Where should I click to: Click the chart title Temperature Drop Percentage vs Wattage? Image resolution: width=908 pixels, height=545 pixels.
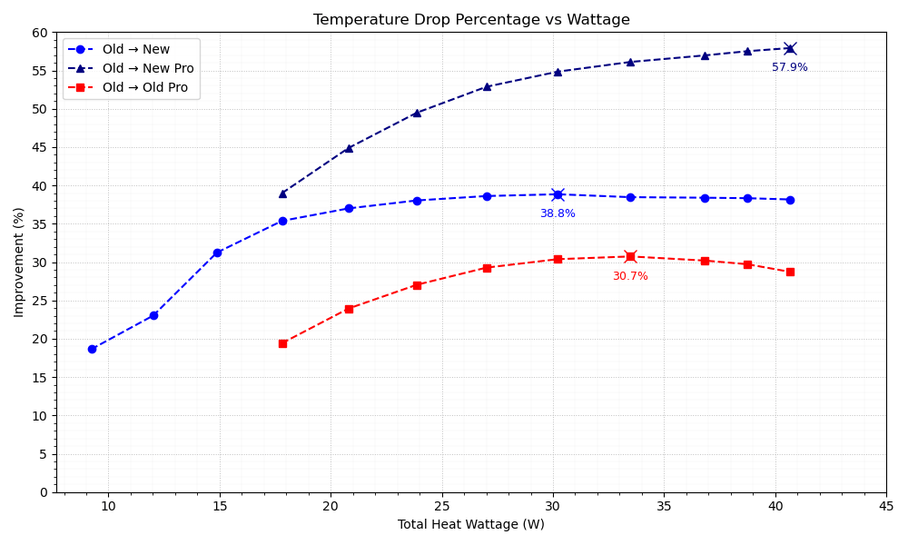(x=471, y=20)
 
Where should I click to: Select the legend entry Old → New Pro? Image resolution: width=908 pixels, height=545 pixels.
(x=148, y=69)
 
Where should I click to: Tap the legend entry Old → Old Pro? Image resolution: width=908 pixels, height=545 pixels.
(x=145, y=88)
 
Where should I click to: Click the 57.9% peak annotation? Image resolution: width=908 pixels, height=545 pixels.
(x=789, y=67)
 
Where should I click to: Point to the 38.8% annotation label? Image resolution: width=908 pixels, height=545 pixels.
(x=558, y=213)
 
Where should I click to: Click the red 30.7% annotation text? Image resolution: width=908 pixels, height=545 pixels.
(x=630, y=276)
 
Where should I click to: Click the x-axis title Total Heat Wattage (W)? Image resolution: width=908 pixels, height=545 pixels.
(x=471, y=524)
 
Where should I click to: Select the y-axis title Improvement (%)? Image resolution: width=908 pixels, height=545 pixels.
(x=19, y=262)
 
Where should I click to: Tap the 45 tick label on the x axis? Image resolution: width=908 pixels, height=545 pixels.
(x=886, y=507)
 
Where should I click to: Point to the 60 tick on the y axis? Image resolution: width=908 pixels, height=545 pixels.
(x=40, y=33)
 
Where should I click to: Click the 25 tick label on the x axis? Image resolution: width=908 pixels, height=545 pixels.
(x=441, y=507)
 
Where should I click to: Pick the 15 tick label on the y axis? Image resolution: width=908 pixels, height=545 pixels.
(x=40, y=377)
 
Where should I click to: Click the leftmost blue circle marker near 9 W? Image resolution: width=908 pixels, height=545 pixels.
(x=92, y=349)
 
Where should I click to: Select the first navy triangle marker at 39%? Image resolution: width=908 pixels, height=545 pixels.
(x=282, y=193)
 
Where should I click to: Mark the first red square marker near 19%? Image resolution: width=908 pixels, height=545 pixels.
(x=282, y=343)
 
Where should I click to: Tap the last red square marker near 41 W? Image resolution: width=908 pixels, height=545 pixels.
(x=790, y=272)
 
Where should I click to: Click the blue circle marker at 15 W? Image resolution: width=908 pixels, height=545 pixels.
(x=217, y=253)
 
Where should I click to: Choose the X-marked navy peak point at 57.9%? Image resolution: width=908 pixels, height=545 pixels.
(x=790, y=48)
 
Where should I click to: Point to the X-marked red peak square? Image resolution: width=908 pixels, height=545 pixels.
(x=630, y=256)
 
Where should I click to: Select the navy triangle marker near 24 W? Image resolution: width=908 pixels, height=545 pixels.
(x=417, y=113)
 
